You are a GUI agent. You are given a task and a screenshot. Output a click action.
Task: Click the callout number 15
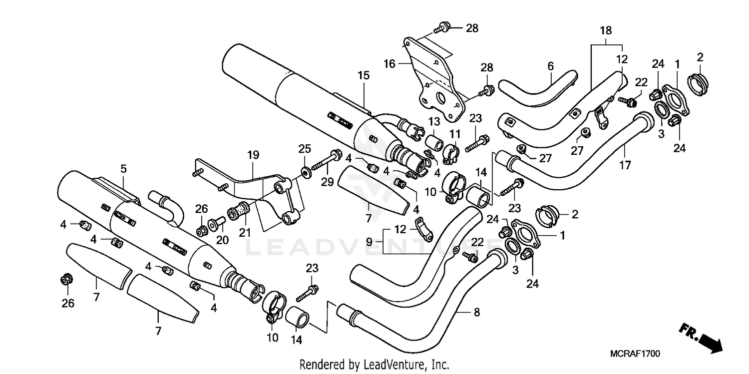click(x=363, y=75)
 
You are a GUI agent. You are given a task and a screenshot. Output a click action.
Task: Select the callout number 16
click(x=389, y=63)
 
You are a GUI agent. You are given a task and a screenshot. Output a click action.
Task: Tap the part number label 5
click(x=123, y=169)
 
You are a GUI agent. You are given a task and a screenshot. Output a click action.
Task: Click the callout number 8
click(x=476, y=313)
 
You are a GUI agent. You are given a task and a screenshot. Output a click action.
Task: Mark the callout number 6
click(x=551, y=66)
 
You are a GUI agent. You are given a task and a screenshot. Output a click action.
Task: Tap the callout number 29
click(x=327, y=183)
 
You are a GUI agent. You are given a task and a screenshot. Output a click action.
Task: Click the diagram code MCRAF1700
click(x=635, y=354)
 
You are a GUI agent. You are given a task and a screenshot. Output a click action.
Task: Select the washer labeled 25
click(x=305, y=172)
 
